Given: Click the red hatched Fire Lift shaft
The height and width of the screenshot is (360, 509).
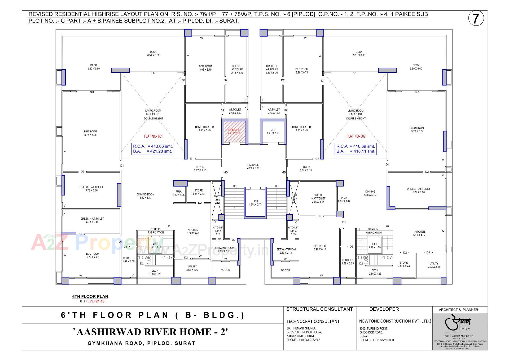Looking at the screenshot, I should [234, 132].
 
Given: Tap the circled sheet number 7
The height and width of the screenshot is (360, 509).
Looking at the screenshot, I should [476, 19].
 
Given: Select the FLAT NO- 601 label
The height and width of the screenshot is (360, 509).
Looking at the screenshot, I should [153, 136].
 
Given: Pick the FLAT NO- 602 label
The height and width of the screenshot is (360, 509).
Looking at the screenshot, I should [356, 136].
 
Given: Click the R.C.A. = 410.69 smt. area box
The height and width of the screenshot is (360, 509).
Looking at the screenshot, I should [356, 149].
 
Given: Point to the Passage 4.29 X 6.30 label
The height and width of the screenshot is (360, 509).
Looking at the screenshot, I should [253, 167].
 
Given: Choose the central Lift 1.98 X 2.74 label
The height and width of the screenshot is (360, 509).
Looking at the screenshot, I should [255, 203].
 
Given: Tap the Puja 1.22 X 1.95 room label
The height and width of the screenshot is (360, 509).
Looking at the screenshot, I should [178, 193].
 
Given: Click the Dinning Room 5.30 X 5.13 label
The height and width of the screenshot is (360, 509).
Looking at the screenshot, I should [145, 196].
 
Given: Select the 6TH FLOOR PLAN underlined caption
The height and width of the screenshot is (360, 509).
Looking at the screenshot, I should [90, 297].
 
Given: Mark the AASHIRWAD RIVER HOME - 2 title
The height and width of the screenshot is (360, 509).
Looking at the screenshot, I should [151, 332].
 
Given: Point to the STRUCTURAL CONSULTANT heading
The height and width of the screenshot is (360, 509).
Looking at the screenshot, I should [319, 309].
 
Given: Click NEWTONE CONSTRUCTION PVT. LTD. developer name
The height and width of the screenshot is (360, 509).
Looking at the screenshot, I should [395, 321].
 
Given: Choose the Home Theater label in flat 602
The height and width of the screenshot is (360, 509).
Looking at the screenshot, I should [301, 129].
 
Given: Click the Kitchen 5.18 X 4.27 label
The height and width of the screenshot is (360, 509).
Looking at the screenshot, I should [419, 233].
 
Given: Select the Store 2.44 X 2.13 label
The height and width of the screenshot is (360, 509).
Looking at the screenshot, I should [198, 192].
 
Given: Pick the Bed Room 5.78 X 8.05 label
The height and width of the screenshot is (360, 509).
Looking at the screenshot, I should [90, 133].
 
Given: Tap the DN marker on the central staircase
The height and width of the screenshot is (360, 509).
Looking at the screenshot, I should [235, 186].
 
